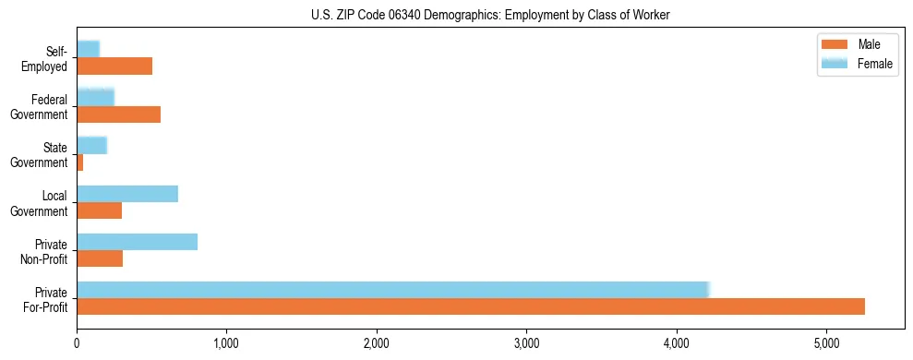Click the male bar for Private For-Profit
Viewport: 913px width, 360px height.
[471, 306]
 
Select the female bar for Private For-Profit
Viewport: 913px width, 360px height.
[392, 290]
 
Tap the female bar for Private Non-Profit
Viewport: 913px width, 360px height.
[137, 242]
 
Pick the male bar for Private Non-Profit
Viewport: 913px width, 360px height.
[100, 258]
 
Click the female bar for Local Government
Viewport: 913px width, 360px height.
[127, 194]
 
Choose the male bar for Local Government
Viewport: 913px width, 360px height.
[99, 210]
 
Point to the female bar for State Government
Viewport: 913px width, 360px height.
[92, 145]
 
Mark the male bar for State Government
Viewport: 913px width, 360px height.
[80, 162]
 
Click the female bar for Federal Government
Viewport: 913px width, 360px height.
[95, 97]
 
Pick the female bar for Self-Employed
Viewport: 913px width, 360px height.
[88, 49]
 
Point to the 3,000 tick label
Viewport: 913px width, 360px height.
[526, 342]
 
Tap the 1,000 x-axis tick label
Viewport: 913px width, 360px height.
[226, 342]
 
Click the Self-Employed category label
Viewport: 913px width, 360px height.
[46, 58]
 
